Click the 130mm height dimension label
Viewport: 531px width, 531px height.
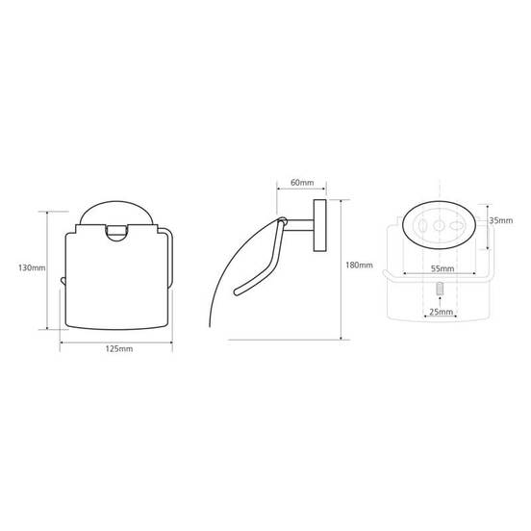tap(32, 267)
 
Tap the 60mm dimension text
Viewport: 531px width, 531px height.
tap(302, 183)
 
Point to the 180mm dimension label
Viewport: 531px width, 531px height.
tap(360, 265)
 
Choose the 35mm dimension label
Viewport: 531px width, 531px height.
tap(501, 220)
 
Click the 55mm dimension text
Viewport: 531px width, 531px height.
tap(442, 269)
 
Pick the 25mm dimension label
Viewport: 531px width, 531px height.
tap(441, 312)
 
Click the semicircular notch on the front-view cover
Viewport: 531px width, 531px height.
tap(116, 233)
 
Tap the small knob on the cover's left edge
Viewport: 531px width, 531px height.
tap(63, 280)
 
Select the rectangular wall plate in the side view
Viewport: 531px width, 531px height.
tap(319, 225)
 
